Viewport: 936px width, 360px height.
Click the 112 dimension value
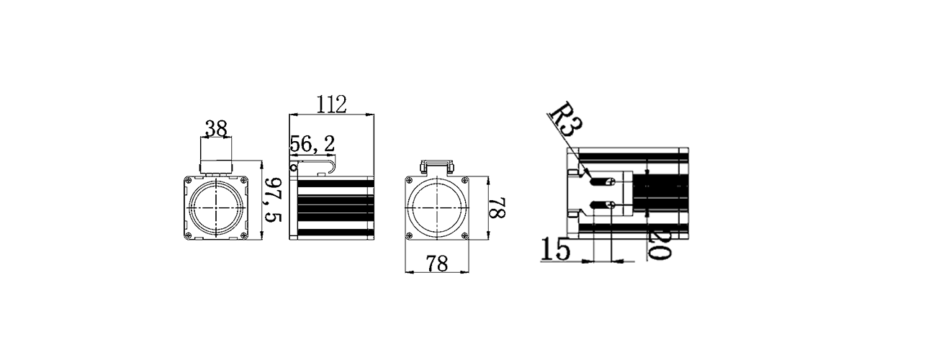[331, 104]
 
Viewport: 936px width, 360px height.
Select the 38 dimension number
[216, 129]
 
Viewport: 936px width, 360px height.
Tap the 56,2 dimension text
[312, 144]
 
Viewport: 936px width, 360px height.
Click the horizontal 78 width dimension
[436, 264]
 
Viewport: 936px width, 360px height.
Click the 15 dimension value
[555, 249]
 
